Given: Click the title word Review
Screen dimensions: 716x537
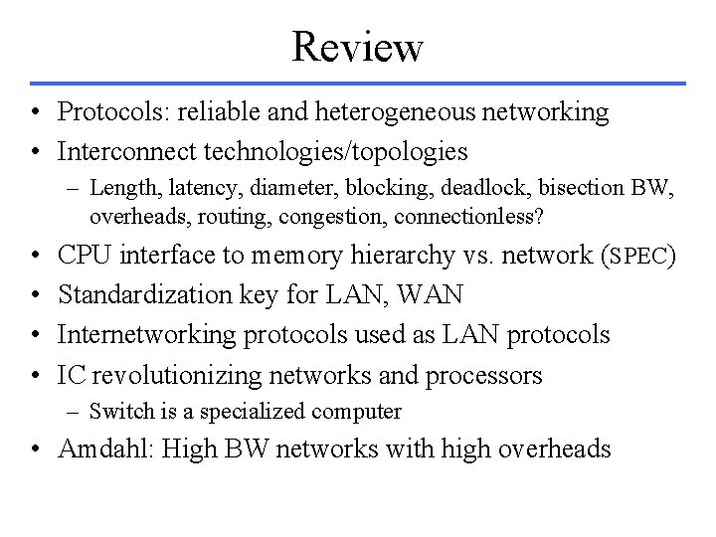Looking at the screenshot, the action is click(358, 46).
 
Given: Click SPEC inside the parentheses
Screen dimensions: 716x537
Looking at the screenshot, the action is click(640, 257).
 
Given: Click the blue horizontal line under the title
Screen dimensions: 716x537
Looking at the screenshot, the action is click(358, 83).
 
